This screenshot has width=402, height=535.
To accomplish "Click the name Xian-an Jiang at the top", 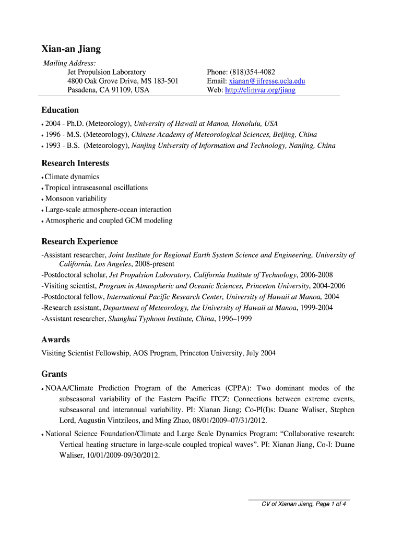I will (x=71, y=50).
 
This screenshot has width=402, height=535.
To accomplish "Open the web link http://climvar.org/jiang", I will (x=260, y=90).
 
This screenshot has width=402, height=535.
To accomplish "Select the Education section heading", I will (x=60, y=110).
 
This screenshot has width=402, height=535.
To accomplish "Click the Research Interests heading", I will (x=75, y=163).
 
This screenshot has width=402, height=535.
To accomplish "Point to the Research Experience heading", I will (x=79, y=241).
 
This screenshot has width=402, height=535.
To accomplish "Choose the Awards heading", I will (x=55, y=340).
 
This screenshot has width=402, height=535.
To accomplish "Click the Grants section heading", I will (x=54, y=374).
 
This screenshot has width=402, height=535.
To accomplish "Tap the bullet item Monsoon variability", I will (x=76, y=199).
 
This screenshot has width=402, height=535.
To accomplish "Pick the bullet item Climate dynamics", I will (x=72, y=177).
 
